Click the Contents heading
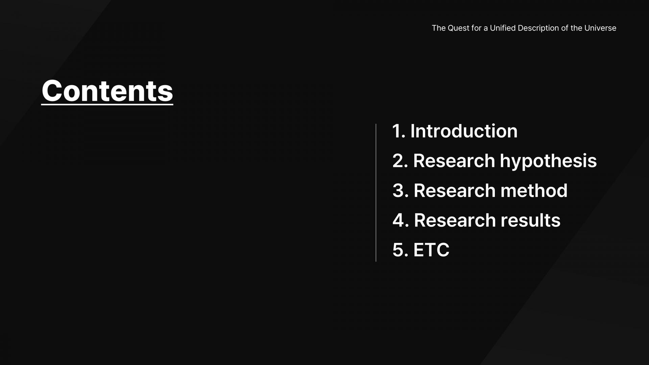point(107,91)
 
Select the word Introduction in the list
point(464,131)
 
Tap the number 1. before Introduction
point(399,131)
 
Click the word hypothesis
point(548,161)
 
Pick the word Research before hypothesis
point(454,161)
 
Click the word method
point(534,190)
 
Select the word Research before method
point(454,190)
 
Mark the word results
point(530,220)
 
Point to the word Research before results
point(455,220)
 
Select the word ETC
point(431,250)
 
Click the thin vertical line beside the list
point(376,193)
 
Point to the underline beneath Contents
point(107,104)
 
